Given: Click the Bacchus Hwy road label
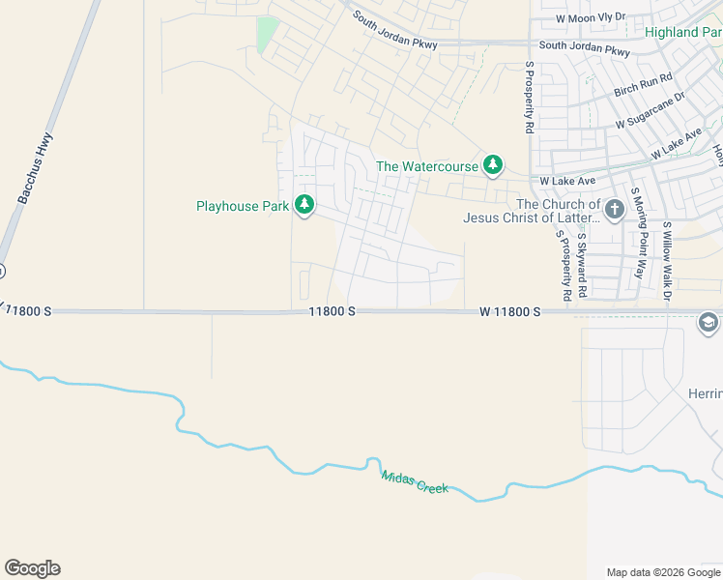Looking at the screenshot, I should [35, 168].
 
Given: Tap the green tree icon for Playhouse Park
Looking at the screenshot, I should [304, 205].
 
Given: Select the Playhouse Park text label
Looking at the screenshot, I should [244, 206].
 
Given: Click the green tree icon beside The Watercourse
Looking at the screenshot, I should [493, 165].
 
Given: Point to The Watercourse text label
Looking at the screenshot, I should [427, 166].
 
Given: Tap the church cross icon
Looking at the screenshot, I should [614, 209].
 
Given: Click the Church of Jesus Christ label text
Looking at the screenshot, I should [532, 211].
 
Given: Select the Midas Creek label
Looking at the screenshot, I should [415, 481].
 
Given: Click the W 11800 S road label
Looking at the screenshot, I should [507, 311].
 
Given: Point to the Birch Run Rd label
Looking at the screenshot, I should [643, 85].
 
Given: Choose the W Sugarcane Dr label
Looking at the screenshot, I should [651, 110].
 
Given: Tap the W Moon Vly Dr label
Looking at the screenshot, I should [592, 17].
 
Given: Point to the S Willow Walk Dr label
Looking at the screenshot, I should [667, 261].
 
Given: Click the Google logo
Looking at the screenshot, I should [32, 568].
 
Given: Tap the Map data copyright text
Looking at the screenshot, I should [663, 572].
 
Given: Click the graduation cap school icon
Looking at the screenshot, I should [709, 323].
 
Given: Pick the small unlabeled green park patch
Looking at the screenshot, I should [268, 36].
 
